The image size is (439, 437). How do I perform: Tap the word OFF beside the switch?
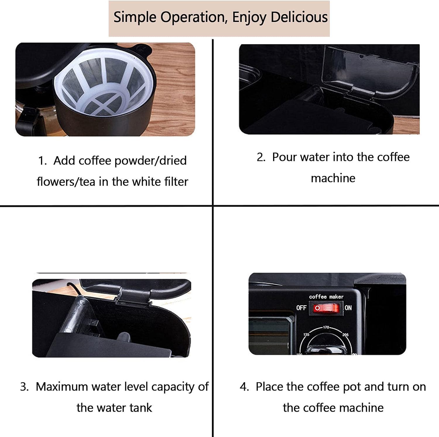301,308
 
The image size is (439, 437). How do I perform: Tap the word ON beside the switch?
348,308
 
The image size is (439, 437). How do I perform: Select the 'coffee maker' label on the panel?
326,297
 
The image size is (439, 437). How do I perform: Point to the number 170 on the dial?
326,327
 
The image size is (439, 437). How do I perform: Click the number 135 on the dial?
306,335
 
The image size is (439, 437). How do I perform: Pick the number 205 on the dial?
345,335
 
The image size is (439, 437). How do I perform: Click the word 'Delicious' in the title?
299,17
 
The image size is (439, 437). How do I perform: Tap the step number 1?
42,161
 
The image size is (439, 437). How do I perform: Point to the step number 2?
261,157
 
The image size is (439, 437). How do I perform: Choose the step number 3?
24,387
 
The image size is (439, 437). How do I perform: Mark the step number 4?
244,387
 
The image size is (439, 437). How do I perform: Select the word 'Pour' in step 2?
284,157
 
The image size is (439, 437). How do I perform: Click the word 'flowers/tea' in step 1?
66,182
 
